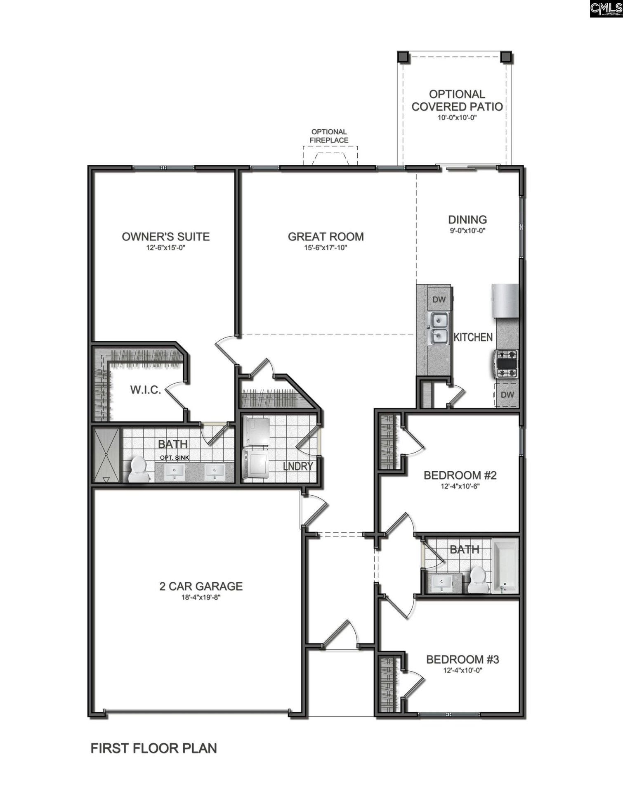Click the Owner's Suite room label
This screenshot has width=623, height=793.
click(x=165, y=237)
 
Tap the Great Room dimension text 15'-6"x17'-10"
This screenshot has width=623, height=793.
click(x=326, y=248)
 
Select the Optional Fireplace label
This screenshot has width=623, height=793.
click(x=329, y=136)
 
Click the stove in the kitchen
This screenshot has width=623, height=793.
click(x=506, y=363)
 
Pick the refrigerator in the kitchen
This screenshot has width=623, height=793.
click(x=505, y=301)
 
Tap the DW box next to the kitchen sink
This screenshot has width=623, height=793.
click(x=439, y=299)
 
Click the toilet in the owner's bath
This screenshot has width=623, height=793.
click(x=137, y=470)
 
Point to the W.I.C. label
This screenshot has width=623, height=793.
click(x=145, y=390)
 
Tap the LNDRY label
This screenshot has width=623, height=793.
click(x=298, y=466)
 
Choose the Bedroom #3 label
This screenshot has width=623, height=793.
click(x=463, y=660)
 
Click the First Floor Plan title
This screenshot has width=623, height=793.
click(x=153, y=748)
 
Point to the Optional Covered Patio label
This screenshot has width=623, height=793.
click(x=457, y=100)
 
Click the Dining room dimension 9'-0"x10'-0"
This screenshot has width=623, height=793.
click(x=467, y=230)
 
